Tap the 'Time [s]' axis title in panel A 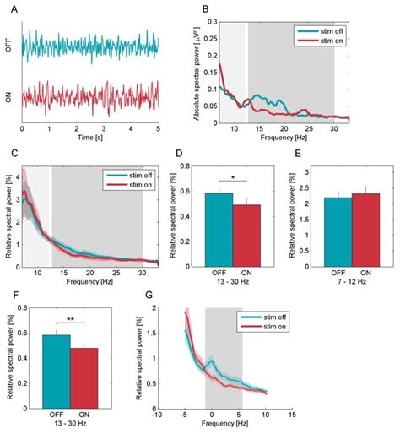89,137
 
